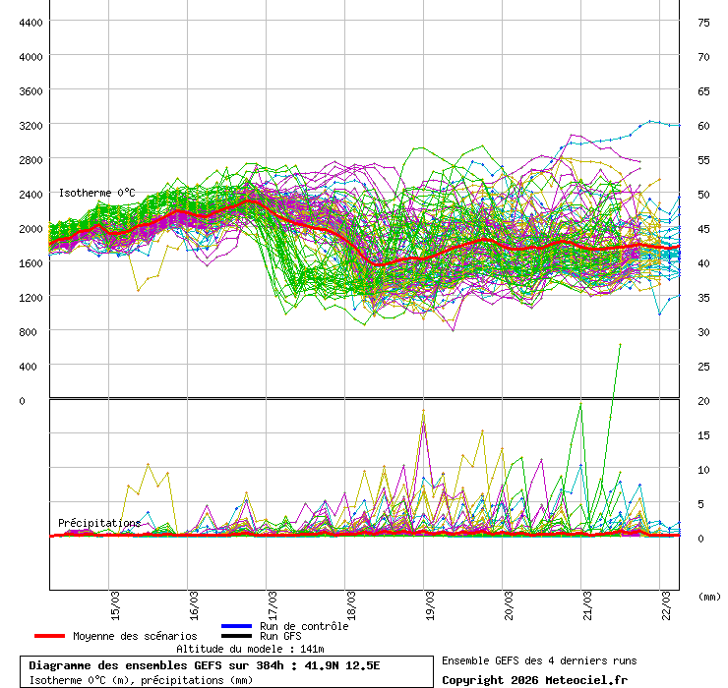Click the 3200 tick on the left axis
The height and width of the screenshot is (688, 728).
coord(30,125)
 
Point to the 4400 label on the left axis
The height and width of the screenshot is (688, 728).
coord(30,22)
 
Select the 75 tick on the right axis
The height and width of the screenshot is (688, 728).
coord(703,22)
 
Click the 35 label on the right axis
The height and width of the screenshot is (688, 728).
coord(703,297)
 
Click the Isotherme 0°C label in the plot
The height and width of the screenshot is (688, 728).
coord(96,193)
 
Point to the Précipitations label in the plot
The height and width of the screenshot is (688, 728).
coord(98,523)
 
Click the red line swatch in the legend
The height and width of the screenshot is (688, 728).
coord(49,636)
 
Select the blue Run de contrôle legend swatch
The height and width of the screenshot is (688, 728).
coord(236,626)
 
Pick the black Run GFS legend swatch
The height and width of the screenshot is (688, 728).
coord(236,636)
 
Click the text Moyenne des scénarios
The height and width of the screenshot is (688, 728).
coord(135,636)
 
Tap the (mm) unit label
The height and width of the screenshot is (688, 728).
coord(709,596)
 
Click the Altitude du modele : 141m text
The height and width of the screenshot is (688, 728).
coord(250,649)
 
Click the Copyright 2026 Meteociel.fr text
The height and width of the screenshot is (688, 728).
coord(534,679)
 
